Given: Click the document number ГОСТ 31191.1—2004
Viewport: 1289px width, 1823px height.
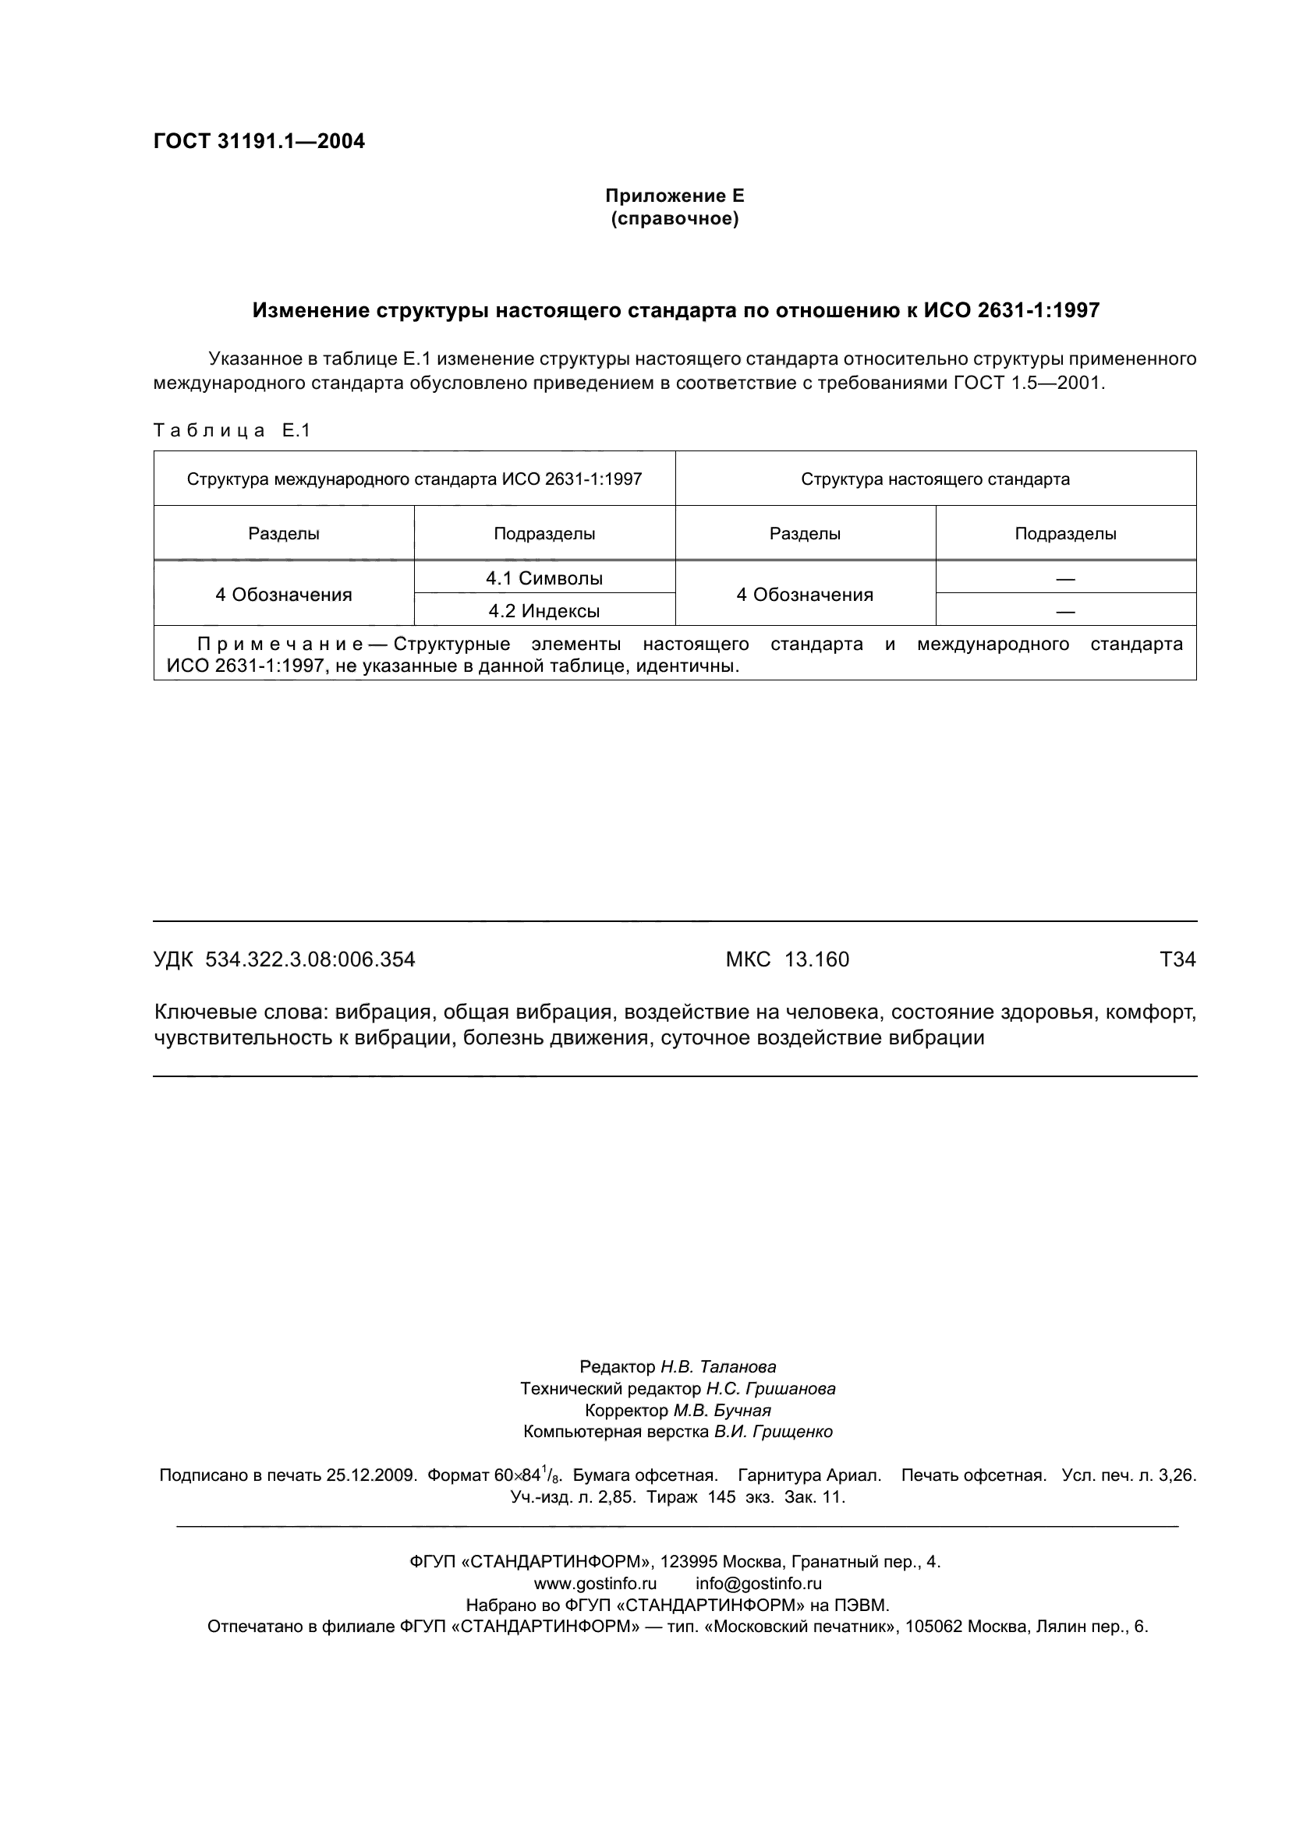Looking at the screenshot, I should [259, 141].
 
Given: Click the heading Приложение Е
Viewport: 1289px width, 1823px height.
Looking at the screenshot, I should [675, 196].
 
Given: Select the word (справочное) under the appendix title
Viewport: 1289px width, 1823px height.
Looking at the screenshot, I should [675, 218].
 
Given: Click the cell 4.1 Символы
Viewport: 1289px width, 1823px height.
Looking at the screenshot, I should [544, 578].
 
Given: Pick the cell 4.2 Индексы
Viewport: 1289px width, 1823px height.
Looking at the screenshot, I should [544, 611].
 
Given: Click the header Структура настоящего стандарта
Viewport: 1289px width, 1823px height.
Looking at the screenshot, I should [935, 479].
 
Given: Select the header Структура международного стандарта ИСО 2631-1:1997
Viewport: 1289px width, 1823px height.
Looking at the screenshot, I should [414, 479].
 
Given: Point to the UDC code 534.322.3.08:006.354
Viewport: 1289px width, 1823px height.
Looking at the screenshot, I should [310, 959].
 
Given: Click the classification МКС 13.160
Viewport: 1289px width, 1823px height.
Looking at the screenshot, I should [787, 959].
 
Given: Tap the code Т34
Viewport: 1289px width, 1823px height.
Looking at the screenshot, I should [1177, 959].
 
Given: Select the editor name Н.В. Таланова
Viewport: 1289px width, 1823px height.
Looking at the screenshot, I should [718, 1366].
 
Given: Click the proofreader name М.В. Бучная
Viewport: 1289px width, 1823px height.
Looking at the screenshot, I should [722, 1410].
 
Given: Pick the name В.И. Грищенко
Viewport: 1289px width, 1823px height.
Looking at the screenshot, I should [773, 1432].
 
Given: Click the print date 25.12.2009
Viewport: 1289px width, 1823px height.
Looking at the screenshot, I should [372, 1475].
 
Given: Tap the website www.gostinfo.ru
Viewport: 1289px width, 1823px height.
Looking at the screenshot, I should [595, 1583].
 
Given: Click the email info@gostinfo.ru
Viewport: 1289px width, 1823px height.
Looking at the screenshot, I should [759, 1583].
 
